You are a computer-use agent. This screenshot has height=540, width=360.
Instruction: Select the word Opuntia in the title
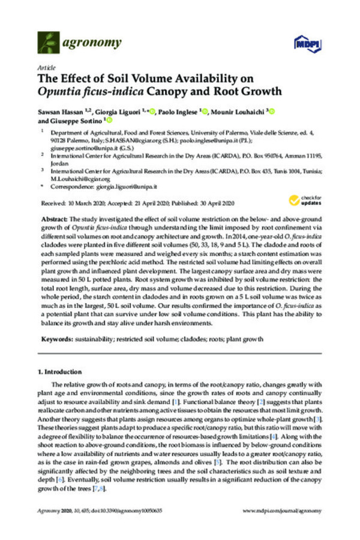tap(59, 92)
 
